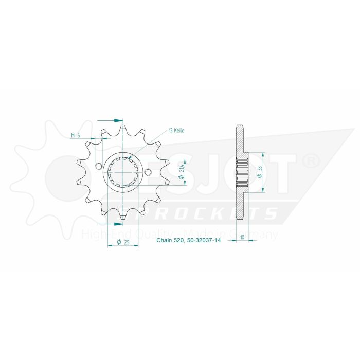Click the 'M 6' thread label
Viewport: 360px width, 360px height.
[x=75, y=135]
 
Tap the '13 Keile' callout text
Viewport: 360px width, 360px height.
[x=176, y=131]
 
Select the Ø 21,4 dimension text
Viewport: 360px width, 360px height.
[x=182, y=172]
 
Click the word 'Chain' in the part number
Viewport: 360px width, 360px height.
[x=164, y=239]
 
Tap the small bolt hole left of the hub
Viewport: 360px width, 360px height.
[x=98, y=166]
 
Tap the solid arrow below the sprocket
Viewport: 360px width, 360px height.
[x=116, y=224]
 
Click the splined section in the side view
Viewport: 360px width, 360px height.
[x=241, y=172]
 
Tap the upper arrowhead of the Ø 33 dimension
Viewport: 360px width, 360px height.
[x=263, y=154]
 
